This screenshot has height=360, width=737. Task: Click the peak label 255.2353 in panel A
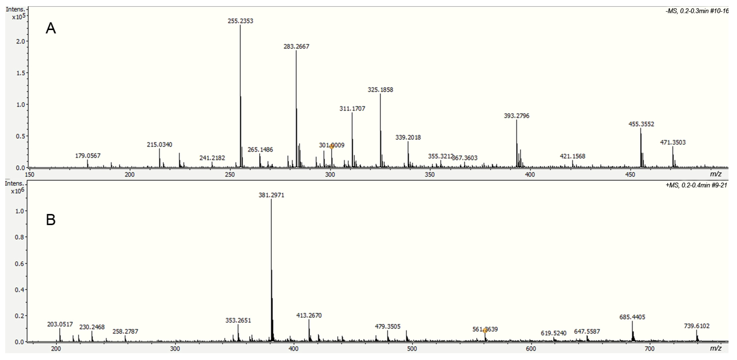pyautogui.click(x=240, y=21)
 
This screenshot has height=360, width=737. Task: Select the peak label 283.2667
pyautogui.click(x=296, y=46)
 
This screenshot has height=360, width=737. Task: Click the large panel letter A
pyautogui.click(x=51, y=29)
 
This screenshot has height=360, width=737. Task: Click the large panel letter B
pyautogui.click(x=51, y=220)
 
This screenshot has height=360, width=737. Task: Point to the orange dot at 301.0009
pyautogui.click(x=332, y=146)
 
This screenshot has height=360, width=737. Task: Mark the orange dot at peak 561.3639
pyautogui.click(x=485, y=330)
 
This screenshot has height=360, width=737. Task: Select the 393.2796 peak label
pyautogui.click(x=516, y=116)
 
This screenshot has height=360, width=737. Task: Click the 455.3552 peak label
pyautogui.click(x=641, y=124)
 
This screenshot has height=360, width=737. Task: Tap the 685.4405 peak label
pyautogui.click(x=632, y=317)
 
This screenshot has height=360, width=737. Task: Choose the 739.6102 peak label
pyautogui.click(x=697, y=326)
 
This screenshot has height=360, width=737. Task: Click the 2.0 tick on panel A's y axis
pyautogui.click(x=21, y=41)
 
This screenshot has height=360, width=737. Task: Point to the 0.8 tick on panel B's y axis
pyautogui.click(x=19, y=237)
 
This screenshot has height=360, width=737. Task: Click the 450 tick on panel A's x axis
pyautogui.click(x=631, y=175)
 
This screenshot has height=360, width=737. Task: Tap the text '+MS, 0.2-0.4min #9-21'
pyautogui.click(x=696, y=185)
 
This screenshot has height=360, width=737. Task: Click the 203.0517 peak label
pyautogui.click(x=60, y=324)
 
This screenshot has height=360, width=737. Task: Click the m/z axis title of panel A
pyautogui.click(x=716, y=174)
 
